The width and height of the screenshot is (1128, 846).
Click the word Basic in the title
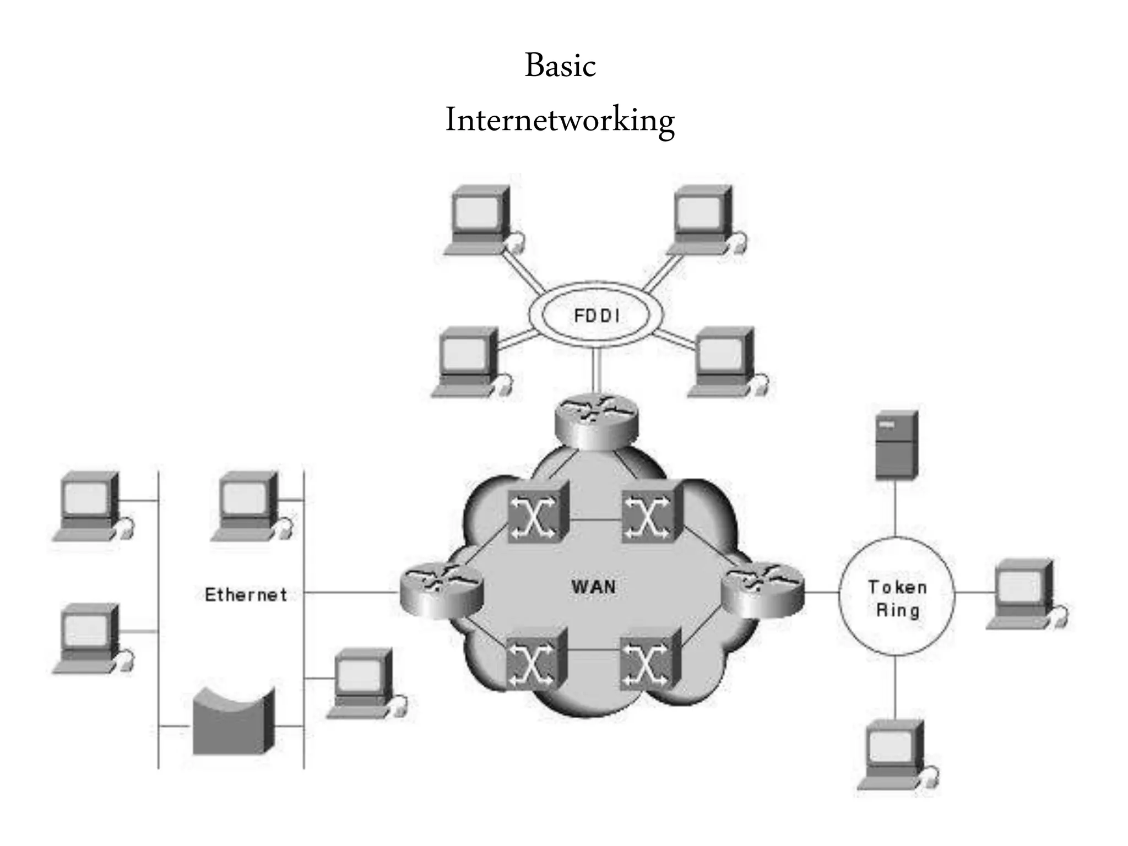pos(560,66)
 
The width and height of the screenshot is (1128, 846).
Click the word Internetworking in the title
pos(560,121)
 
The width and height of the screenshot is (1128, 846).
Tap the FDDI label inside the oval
pos(596,316)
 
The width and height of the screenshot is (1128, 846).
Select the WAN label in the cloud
pos(594,587)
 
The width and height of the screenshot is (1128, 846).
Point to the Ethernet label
pos(246,595)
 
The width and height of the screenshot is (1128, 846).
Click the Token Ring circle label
pos(897,599)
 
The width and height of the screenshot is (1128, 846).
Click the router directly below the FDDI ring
pos(596,421)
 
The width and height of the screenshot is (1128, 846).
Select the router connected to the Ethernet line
pos(441,591)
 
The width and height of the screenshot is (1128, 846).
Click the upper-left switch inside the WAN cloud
pos(536,514)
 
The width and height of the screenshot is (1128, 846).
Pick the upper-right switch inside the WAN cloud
pos(651,514)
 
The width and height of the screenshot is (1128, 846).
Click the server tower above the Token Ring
pos(896,444)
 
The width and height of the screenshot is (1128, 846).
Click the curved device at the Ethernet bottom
pos(233,722)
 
